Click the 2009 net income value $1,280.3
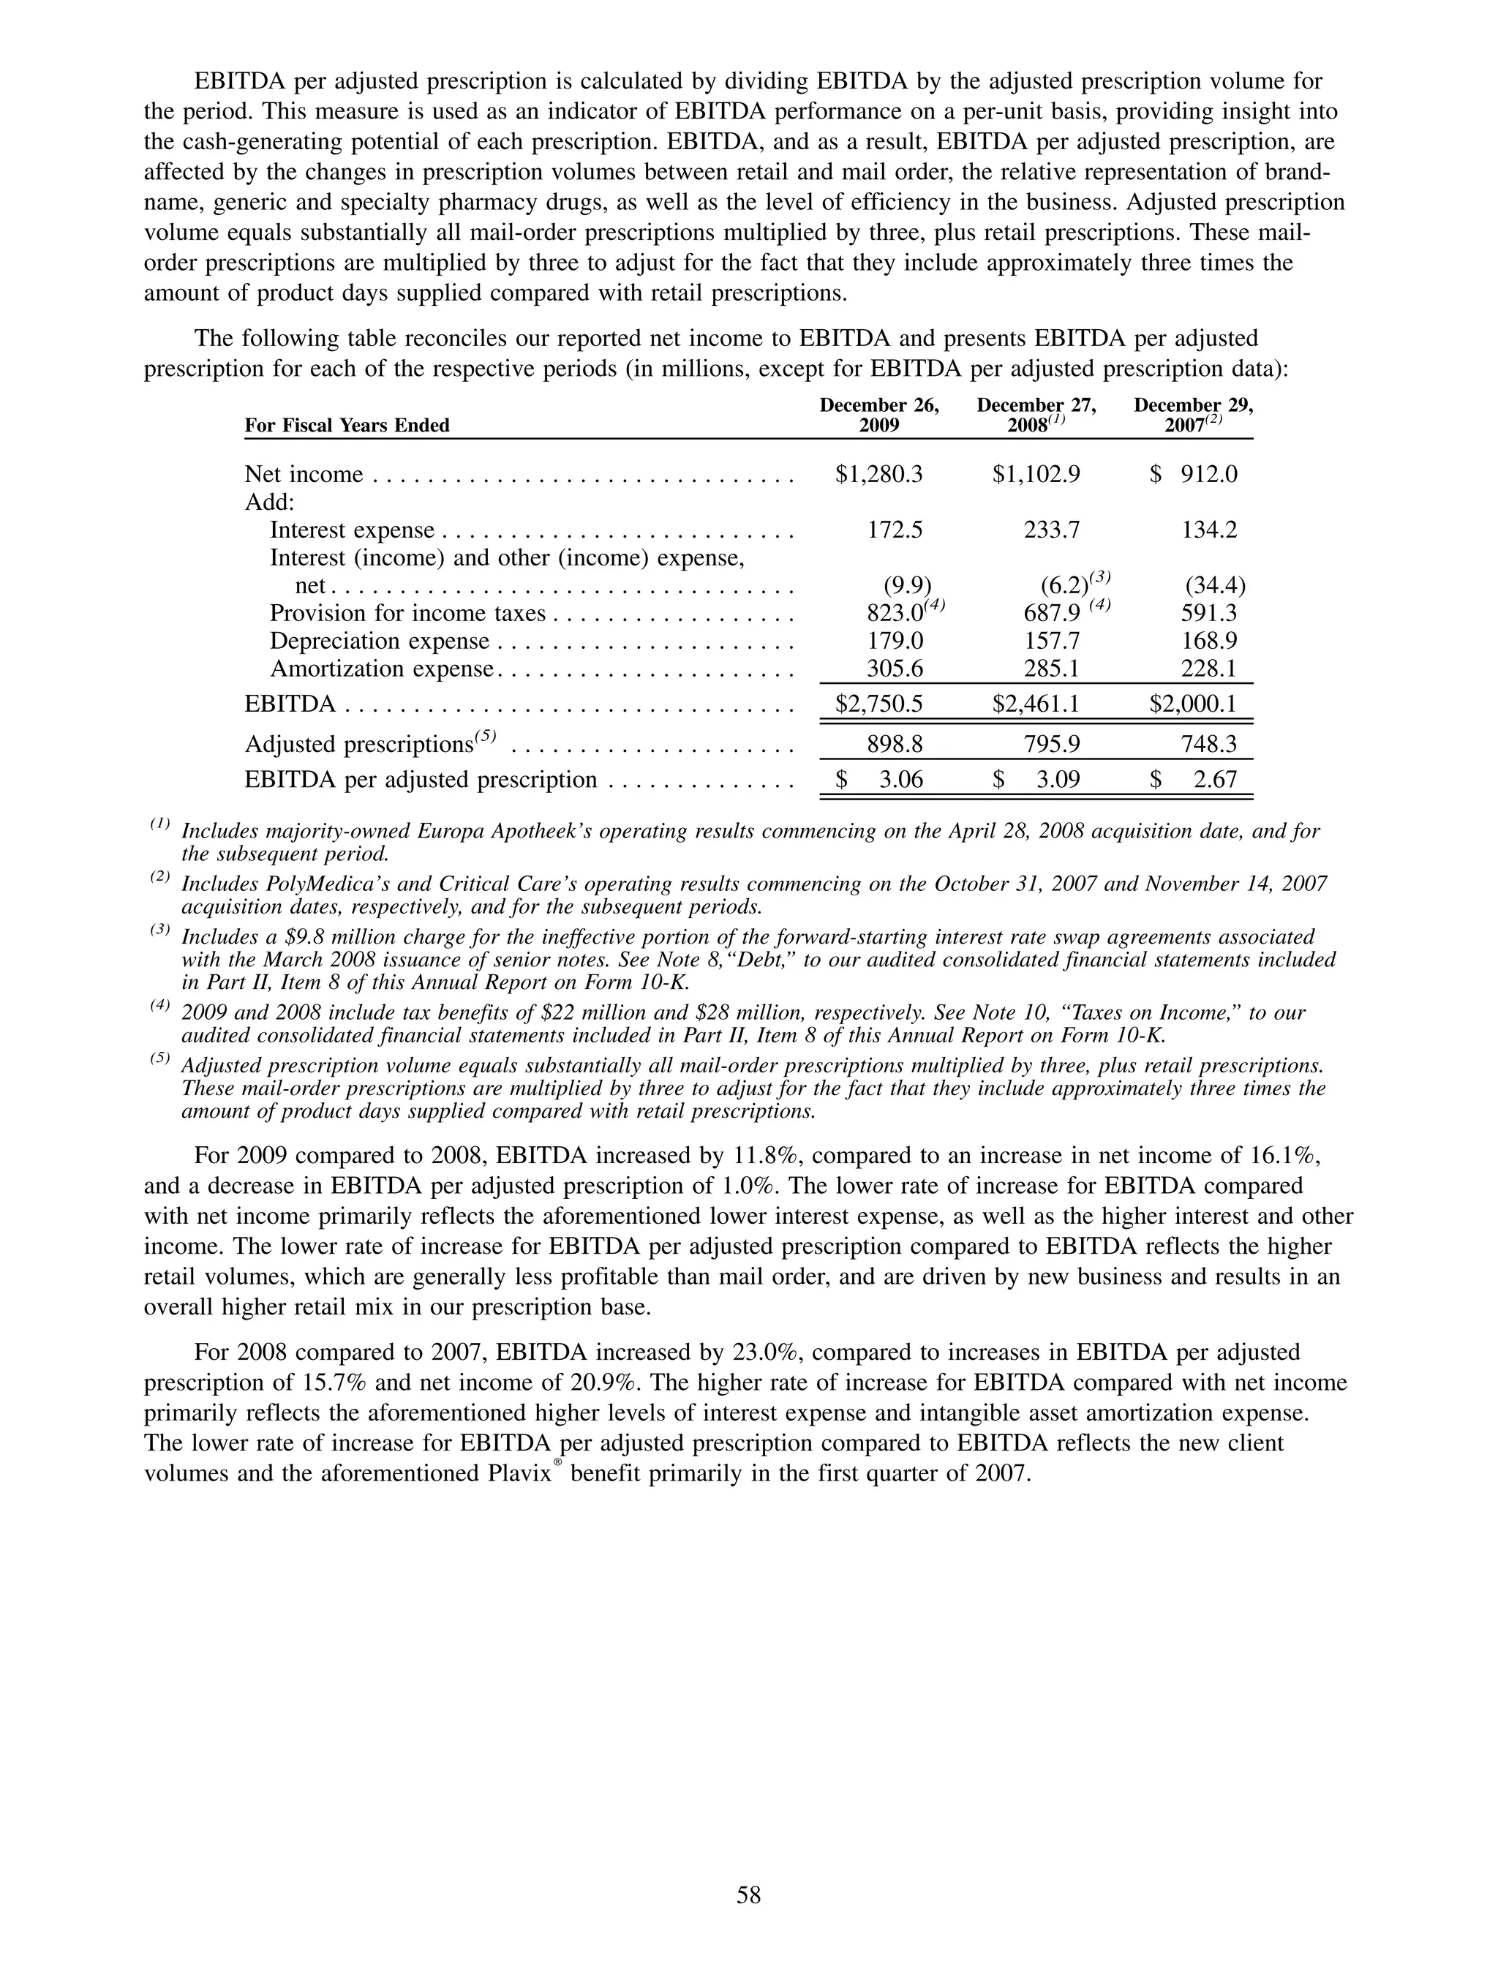pos(878,474)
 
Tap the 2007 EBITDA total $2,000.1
pos(1193,704)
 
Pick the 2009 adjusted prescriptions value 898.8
pos(895,744)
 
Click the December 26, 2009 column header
pos(879,415)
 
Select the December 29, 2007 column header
pos(1194,415)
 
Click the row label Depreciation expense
pos(380,641)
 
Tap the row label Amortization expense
pos(381,669)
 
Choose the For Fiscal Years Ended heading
pos(347,425)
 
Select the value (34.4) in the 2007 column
pos(1215,586)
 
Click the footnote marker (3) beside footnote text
pos(159,931)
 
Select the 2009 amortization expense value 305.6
pos(895,669)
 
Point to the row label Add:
pos(270,502)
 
